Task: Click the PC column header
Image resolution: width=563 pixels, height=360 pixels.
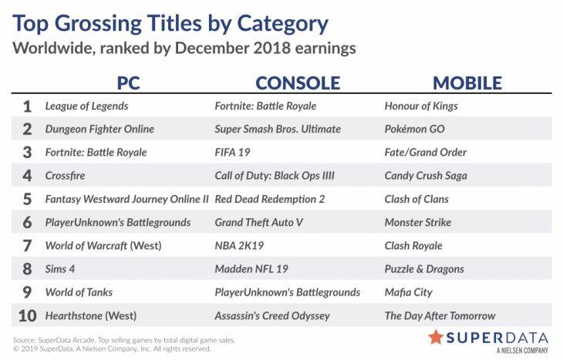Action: pos(128,83)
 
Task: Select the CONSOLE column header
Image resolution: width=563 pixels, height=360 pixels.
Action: pos(298,83)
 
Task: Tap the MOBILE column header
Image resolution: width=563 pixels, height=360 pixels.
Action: pos(467,83)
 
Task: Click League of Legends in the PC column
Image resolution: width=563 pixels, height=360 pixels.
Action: pos(86,106)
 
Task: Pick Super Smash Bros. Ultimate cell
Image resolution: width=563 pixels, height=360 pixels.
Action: pos(278,130)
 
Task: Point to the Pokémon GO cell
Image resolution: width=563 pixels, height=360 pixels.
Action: pos(414,130)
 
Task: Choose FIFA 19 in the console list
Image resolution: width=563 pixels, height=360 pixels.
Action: pos(232,153)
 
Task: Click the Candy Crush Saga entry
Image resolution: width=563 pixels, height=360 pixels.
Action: pos(426,176)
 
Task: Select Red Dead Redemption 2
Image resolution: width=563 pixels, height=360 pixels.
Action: pos(270,199)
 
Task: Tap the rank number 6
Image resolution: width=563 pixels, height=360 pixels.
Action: pos(27,223)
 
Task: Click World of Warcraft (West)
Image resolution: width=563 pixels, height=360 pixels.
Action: pos(103,246)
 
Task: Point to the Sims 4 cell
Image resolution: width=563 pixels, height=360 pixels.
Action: pos(60,269)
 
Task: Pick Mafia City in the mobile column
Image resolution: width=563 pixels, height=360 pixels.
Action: pos(408,292)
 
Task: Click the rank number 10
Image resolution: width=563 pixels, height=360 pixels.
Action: pos(27,316)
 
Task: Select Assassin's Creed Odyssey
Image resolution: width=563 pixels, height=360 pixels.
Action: pos(272,316)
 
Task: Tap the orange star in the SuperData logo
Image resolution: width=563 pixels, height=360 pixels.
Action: pos(436,338)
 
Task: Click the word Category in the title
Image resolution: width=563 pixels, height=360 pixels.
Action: pos(282,25)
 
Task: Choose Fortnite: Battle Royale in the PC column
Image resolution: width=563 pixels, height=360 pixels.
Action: pos(96,153)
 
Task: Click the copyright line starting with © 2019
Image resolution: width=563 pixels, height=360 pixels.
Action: pos(112,349)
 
